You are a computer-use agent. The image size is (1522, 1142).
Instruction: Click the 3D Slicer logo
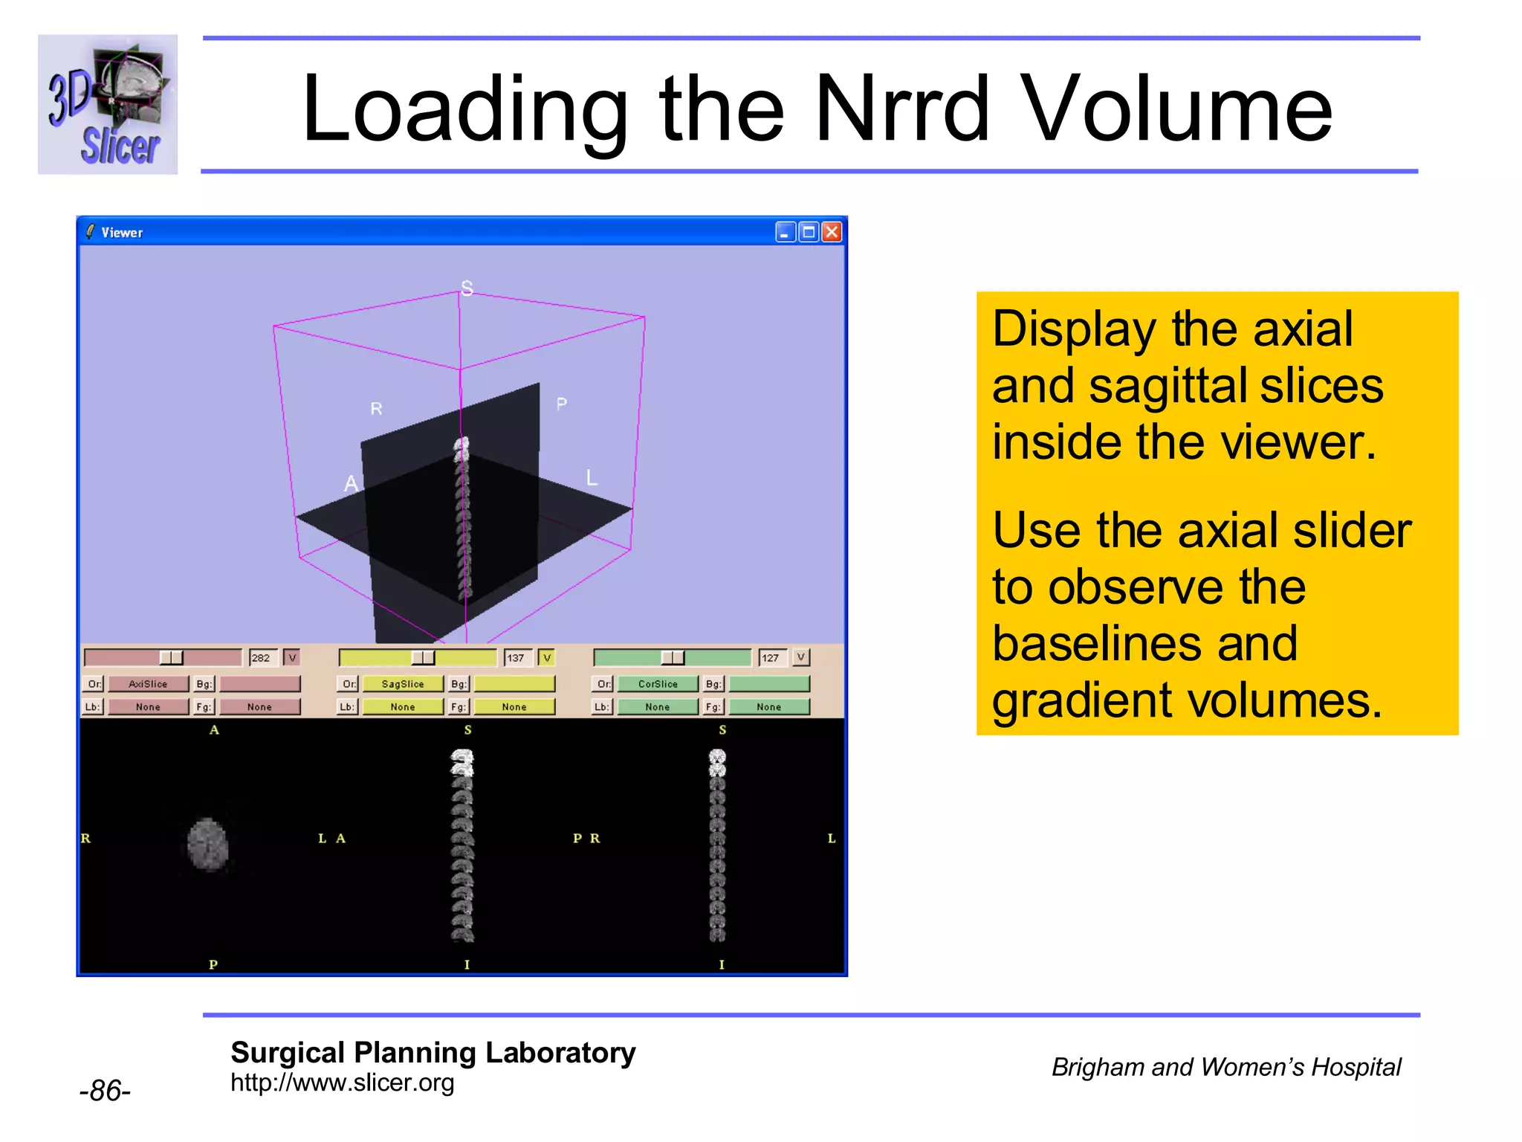pyautogui.click(x=108, y=104)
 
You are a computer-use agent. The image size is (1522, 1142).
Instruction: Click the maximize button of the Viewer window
pyautogui.click(x=809, y=232)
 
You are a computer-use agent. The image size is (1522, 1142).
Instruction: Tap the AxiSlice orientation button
pyautogui.click(x=148, y=683)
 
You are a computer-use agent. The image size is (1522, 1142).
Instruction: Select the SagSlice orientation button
pyautogui.click(x=402, y=683)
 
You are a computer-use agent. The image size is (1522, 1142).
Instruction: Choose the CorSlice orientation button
pyautogui.click(x=658, y=683)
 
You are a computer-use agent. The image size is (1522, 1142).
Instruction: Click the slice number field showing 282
pyautogui.click(x=262, y=657)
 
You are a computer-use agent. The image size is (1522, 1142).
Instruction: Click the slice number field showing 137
pyautogui.click(x=517, y=657)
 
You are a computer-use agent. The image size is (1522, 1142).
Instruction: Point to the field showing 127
pyautogui.click(x=772, y=657)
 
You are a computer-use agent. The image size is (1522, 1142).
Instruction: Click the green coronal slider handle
pyautogui.click(x=673, y=657)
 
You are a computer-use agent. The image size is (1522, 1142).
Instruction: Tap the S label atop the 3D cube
pyautogui.click(x=467, y=288)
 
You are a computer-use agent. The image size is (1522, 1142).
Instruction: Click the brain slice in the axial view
pyautogui.click(x=207, y=844)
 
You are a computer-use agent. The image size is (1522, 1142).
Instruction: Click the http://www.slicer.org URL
pyautogui.click(x=342, y=1083)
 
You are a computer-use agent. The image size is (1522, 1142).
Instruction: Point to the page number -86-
pyautogui.click(x=105, y=1091)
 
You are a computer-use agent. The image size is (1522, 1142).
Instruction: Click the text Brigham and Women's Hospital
pyautogui.click(x=1225, y=1067)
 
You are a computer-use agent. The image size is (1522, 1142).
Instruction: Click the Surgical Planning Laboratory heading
pyautogui.click(x=433, y=1052)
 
